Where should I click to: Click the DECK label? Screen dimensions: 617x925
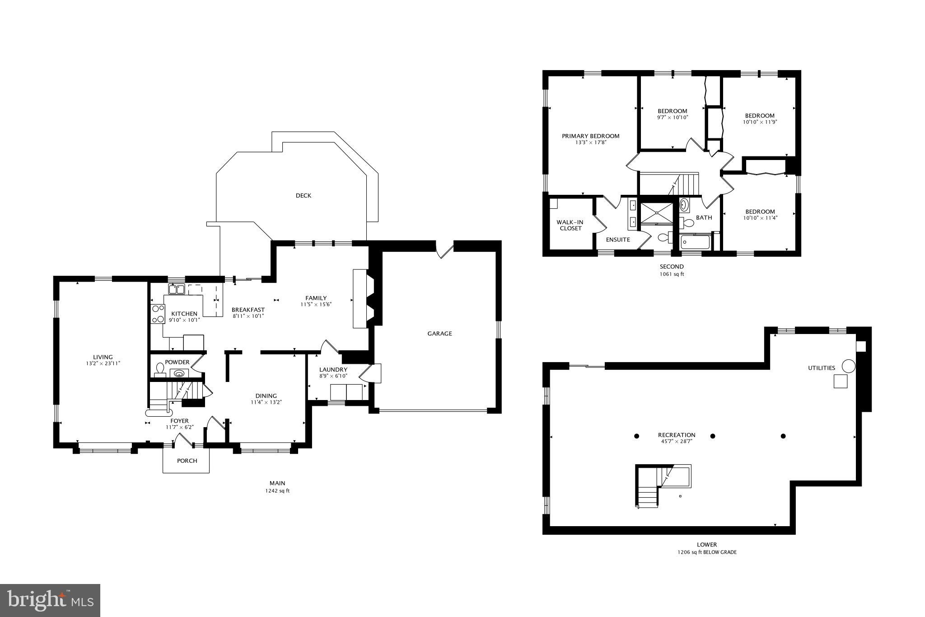303,196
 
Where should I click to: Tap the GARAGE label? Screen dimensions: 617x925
439,334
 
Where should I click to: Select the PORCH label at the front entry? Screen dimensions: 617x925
187,461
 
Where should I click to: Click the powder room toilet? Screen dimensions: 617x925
159,370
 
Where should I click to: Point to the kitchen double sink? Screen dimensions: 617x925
177,289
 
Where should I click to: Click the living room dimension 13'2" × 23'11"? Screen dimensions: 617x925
103,363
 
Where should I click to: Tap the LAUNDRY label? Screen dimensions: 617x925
333,370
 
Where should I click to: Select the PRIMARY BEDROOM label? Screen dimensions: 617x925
590,136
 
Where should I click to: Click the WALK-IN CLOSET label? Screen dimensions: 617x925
570,225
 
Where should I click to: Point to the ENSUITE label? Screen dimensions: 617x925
618,240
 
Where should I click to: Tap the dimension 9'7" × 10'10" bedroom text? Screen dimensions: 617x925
672,118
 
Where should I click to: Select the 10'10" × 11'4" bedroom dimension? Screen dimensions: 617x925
760,218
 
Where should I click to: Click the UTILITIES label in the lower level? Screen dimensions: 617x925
821,368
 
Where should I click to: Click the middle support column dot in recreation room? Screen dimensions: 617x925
713,436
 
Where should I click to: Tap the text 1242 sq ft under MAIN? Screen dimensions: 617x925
277,491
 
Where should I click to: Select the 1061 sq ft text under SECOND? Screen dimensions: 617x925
672,274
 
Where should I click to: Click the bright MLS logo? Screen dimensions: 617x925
50,600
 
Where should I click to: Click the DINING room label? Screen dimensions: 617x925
266,396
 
